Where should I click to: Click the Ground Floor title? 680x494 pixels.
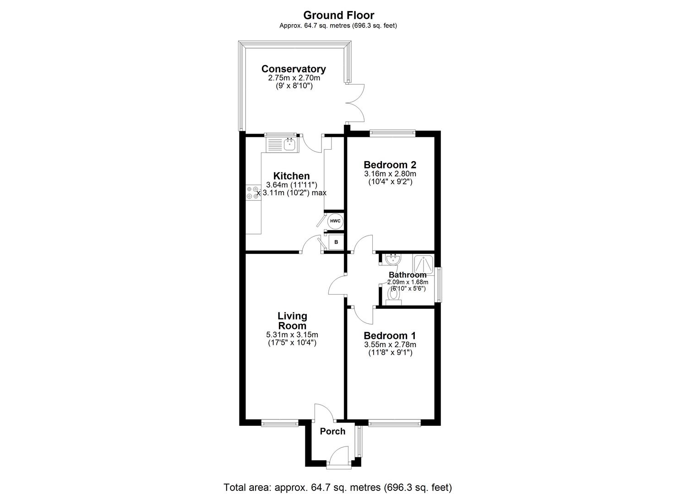point(338,16)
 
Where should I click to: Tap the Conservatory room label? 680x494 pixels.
point(294,69)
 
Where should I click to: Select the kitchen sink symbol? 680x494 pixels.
point(289,145)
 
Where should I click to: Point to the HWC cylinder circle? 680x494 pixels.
point(335,221)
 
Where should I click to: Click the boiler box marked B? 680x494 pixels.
point(336,242)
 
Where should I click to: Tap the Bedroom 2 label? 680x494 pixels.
point(390,165)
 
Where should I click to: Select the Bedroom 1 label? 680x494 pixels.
point(390,336)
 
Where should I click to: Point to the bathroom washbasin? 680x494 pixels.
point(392,260)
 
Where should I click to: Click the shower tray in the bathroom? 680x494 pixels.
point(424,264)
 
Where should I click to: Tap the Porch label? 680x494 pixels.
point(332,431)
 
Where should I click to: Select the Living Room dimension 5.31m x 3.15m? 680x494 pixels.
point(292,334)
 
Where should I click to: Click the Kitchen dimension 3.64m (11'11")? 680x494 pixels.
point(292,185)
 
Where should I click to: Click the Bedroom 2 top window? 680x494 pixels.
point(392,133)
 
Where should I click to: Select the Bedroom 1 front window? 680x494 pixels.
point(394,424)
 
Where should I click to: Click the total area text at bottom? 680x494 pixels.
point(337,487)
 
